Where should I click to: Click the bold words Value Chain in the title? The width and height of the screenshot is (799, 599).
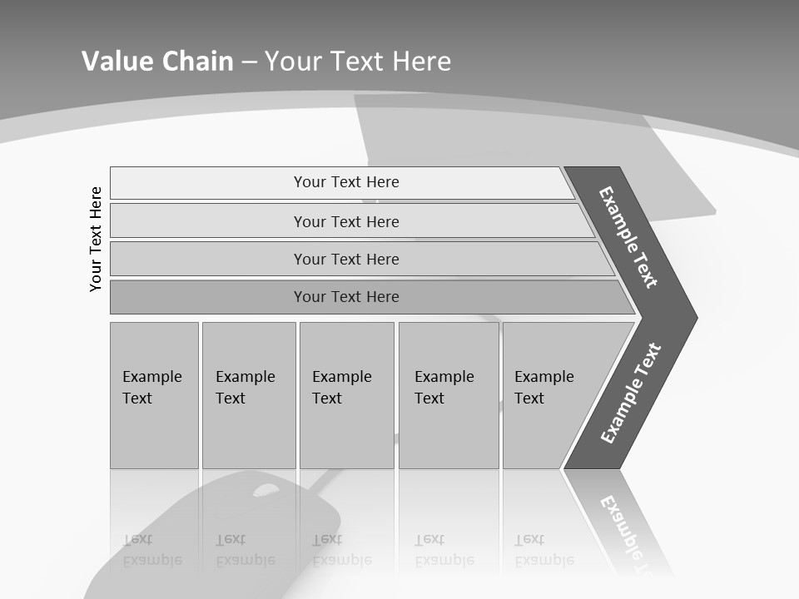click(x=157, y=61)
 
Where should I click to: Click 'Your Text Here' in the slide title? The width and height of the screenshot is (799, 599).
click(x=358, y=61)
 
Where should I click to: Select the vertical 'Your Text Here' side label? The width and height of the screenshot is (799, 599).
click(x=97, y=239)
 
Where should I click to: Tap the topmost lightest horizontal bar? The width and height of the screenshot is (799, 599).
click(x=345, y=182)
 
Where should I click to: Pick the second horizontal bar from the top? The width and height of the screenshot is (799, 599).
click(x=345, y=221)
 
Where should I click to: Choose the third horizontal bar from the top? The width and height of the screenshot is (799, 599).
click(x=345, y=259)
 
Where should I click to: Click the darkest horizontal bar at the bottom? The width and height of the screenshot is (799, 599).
click(x=345, y=297)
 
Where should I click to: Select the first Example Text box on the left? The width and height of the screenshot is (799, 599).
click(x=154, y=395)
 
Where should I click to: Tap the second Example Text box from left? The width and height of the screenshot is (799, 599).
click(x=248, y=395)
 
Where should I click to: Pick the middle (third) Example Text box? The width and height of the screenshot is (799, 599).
click(x=346, y=395)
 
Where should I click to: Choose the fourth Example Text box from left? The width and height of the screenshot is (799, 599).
click(x=448, y=395)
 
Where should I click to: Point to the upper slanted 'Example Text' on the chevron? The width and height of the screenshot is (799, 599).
click(x=628, y=236)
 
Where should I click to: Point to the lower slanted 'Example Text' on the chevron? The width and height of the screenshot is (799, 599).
click(x=631, y=393)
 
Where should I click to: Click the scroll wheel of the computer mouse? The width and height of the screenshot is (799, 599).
click(x=266, y=490)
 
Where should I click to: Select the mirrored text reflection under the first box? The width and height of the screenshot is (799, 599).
click(x=151, y=550)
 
